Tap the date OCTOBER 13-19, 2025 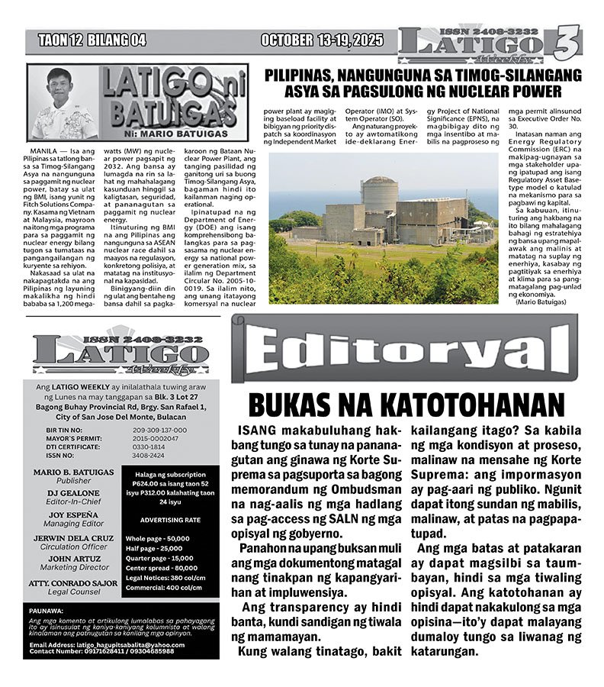tap(322, 40)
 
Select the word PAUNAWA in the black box tap(48, 611)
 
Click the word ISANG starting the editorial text tap(261, 431)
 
